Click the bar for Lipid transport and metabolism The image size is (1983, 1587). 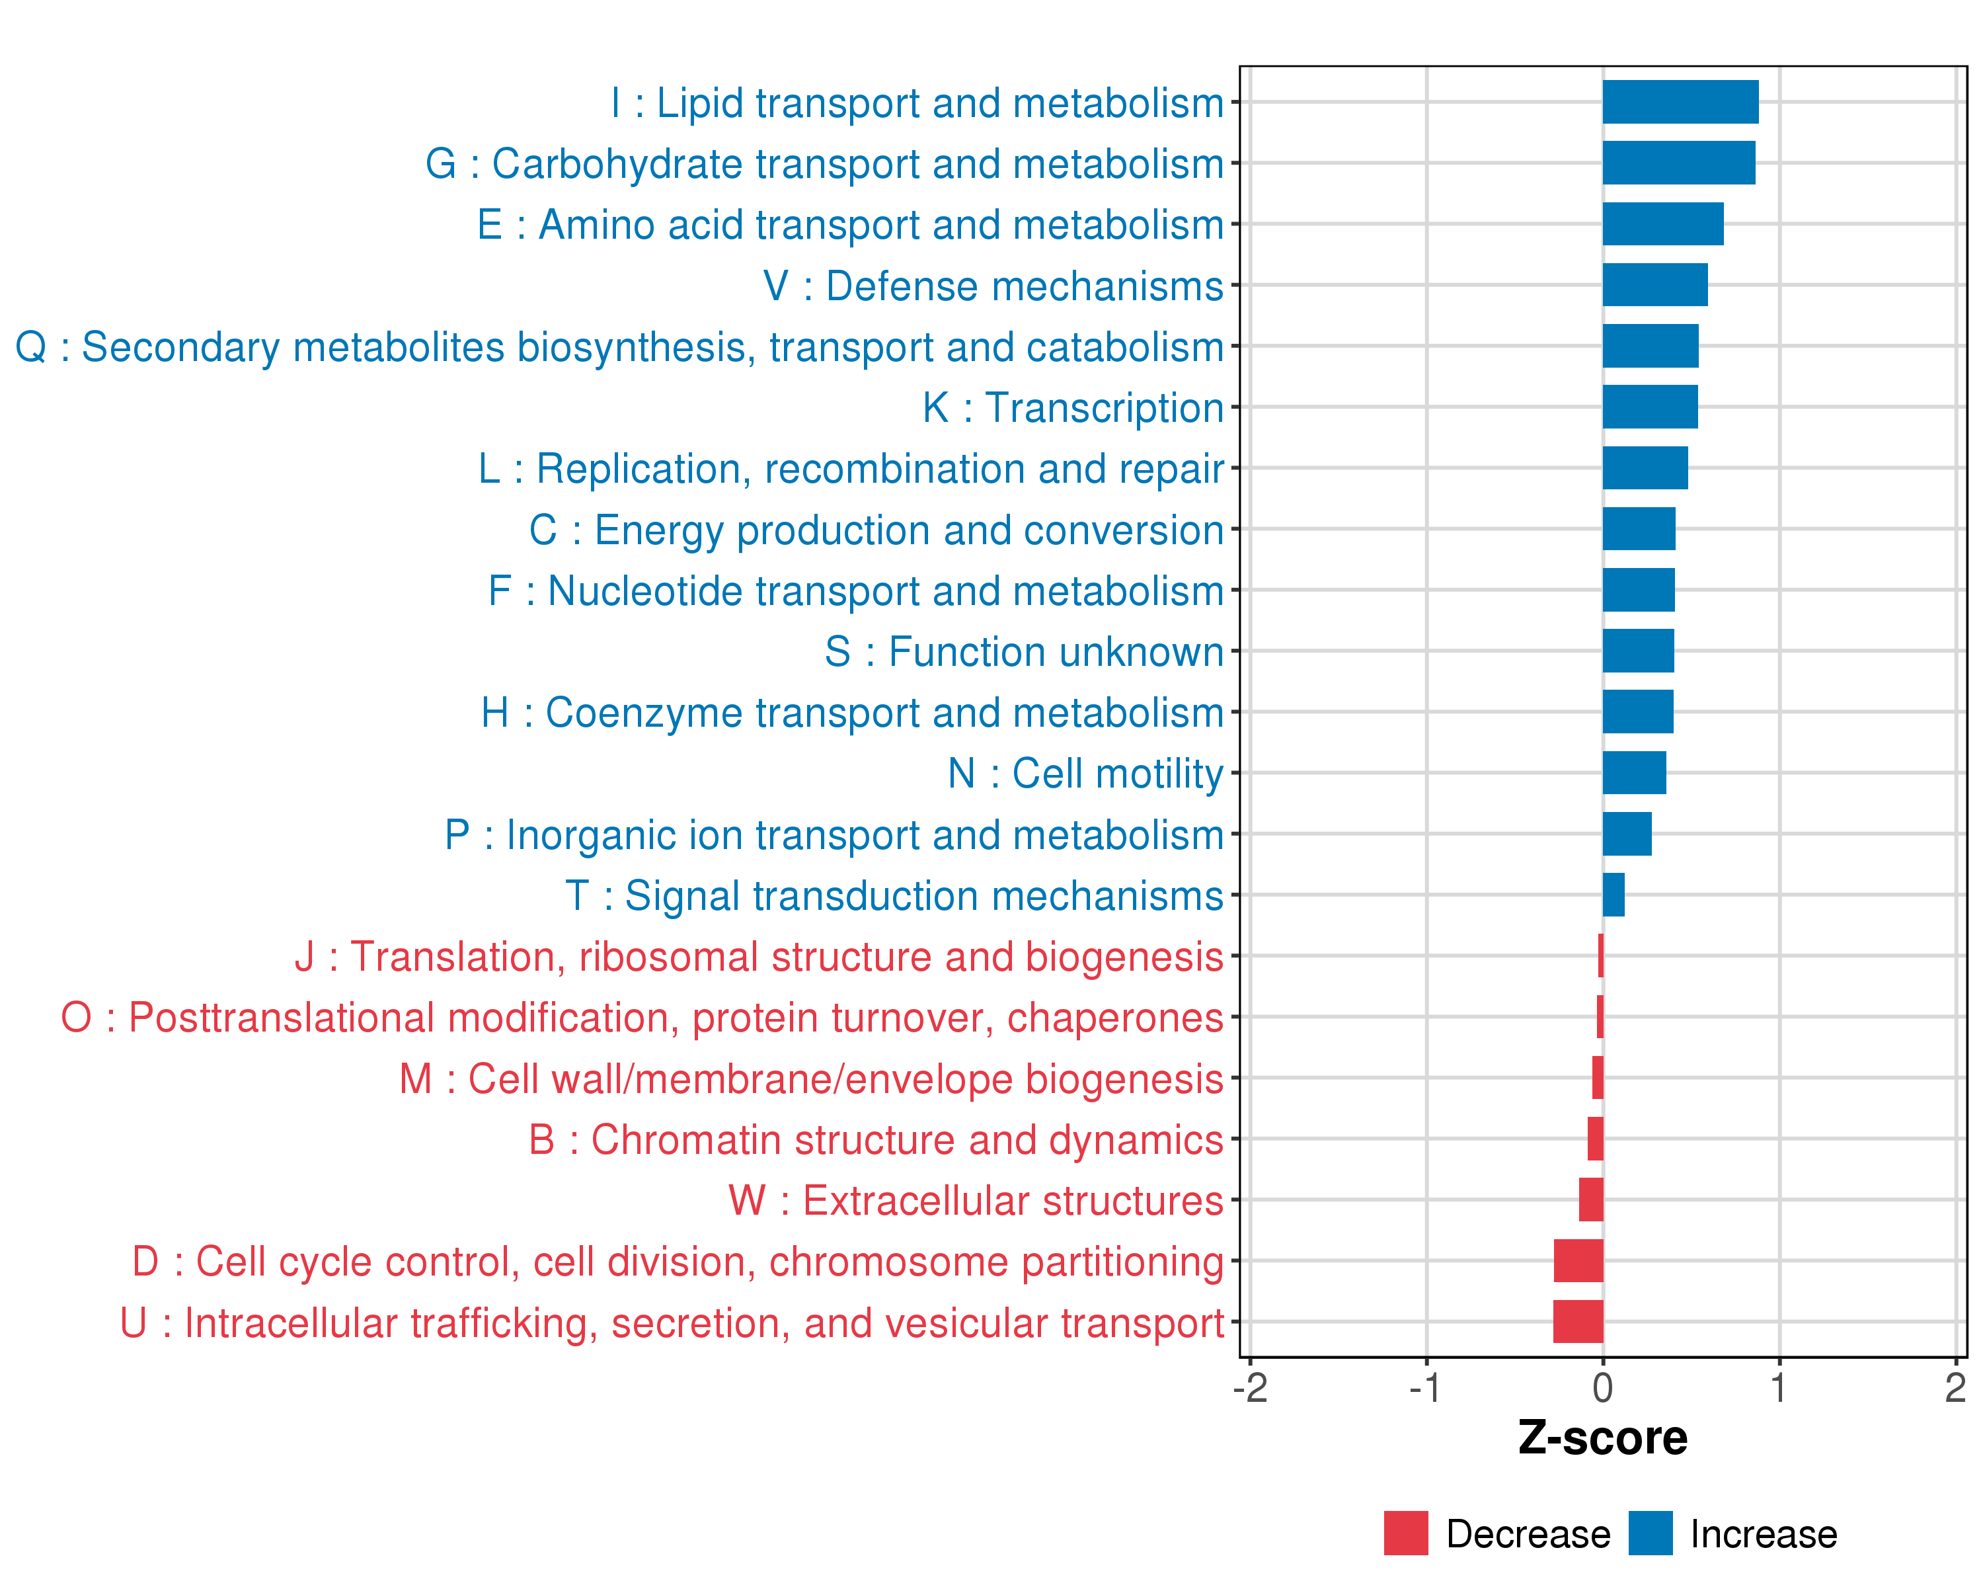tap(1680, 102)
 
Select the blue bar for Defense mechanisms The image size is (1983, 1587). tap(1654, 285)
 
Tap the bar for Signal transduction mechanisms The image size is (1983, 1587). tap(1614, 895)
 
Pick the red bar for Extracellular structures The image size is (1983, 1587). tap(1591, 1200)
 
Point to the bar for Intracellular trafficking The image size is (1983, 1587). tap(1578, 1322)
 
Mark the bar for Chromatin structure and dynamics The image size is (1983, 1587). tap(1596, 1139)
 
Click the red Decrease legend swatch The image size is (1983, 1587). tap(1405, 1533)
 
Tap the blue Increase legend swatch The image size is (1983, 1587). tap(1650, 1533)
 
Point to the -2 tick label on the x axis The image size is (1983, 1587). tap(1250, 1388)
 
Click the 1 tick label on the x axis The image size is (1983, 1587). tap(1779, 1388)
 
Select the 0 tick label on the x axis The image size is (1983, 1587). tap(1603, 1388)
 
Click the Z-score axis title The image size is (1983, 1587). tap(1603, 1438)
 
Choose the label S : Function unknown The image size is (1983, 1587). tap(1024, 652)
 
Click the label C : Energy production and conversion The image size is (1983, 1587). tap(876, 530)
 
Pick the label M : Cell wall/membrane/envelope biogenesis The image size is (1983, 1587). tap(810, 1079)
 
